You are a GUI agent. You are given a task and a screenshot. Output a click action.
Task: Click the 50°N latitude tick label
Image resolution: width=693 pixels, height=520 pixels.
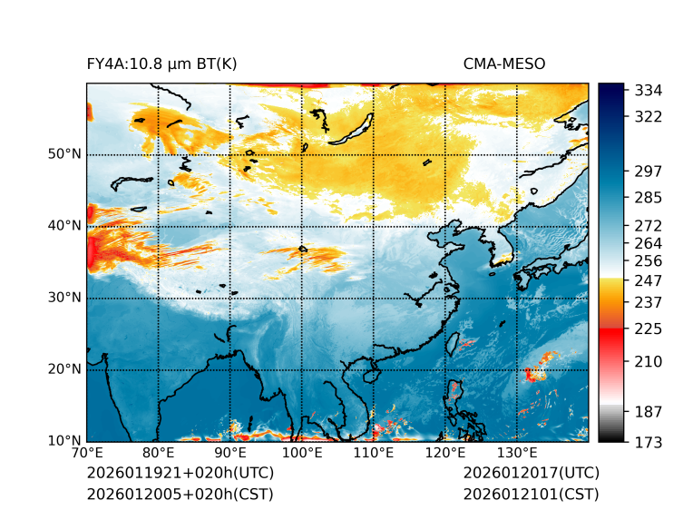(64, 154)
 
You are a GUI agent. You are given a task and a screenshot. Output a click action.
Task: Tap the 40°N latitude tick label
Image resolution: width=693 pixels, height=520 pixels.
(64, 226)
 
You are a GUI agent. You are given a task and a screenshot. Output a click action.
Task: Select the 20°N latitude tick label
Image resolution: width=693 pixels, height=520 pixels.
(64, 369)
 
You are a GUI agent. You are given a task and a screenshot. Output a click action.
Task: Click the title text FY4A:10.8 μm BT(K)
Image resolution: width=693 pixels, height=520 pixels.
(161, 64)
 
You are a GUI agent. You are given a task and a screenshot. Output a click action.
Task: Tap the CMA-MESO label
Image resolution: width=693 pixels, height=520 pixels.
(504, 64)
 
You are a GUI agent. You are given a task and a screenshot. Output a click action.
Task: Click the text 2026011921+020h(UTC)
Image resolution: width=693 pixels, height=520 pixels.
(180, 473)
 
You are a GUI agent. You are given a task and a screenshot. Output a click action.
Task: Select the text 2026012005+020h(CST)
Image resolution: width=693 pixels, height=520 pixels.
(180, 494)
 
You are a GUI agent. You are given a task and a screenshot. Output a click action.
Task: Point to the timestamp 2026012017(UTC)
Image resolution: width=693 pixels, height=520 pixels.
(531, 473)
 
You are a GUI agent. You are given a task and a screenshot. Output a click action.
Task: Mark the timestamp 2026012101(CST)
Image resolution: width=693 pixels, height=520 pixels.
(531, 494)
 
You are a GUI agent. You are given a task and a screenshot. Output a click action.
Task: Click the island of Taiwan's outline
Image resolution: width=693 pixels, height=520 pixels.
(454, 344)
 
